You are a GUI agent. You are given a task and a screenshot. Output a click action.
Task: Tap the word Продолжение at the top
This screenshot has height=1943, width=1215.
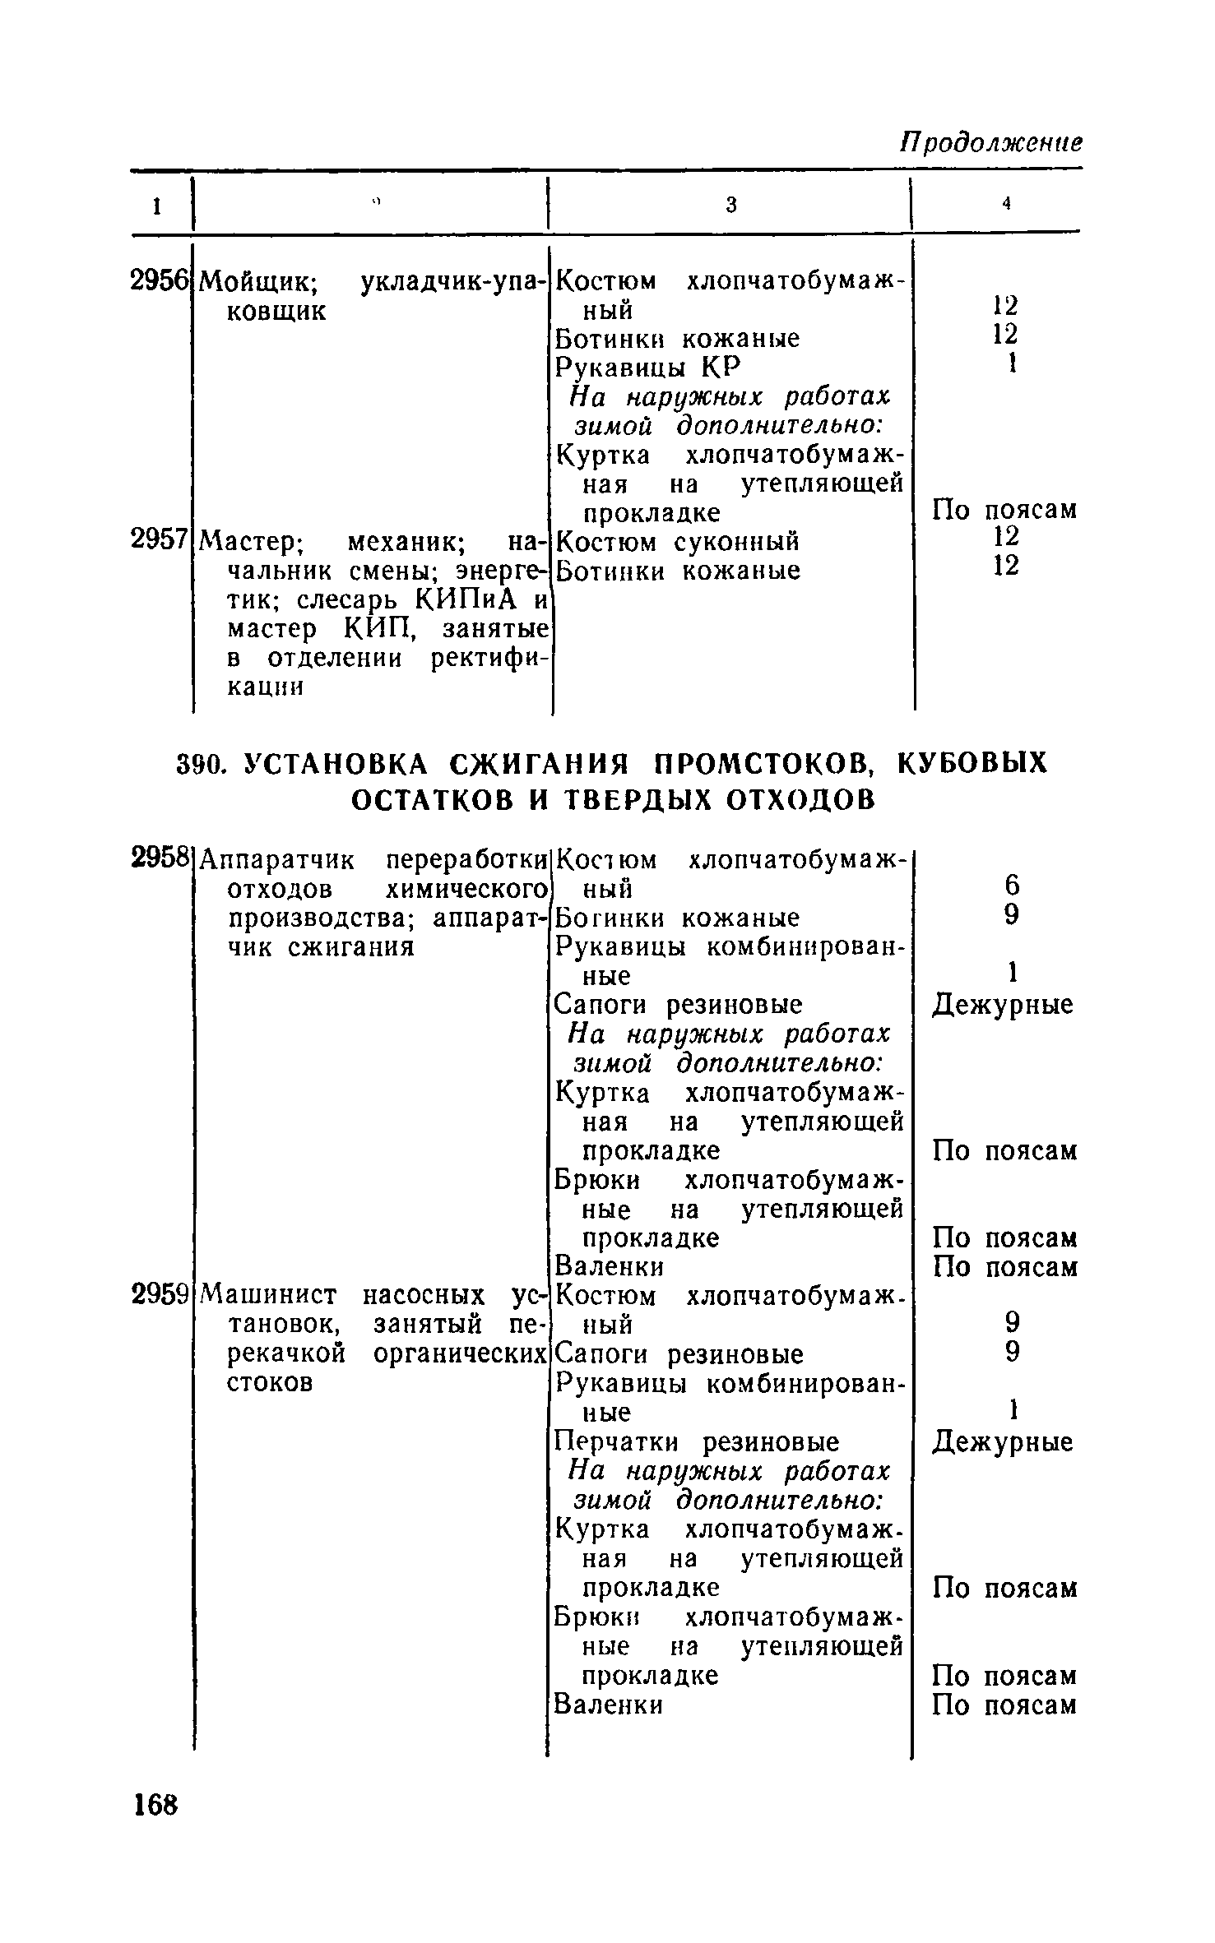(x=990, y=142)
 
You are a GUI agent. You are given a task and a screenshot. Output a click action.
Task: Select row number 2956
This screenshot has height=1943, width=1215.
(x=159, y=281)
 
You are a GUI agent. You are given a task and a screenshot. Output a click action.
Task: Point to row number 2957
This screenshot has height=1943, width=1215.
(x=159, y=540)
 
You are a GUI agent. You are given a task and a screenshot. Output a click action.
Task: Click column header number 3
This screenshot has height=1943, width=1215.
(x=730, y=206)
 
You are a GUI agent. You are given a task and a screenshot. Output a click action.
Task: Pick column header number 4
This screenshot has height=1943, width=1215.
(x=1005, y=206)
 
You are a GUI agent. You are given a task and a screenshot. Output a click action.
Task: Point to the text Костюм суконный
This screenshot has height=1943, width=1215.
(x=678, y=542)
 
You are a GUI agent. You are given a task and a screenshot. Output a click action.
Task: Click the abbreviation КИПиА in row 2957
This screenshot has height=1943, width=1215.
(x=467, y=600)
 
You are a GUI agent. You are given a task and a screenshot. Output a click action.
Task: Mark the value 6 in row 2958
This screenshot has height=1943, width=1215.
(x=1012, y=886)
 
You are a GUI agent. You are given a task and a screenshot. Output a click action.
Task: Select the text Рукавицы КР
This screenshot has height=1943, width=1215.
(x=648, y=366)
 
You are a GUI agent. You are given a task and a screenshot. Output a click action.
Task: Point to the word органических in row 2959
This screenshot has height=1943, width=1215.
(x=461, y=1354)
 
